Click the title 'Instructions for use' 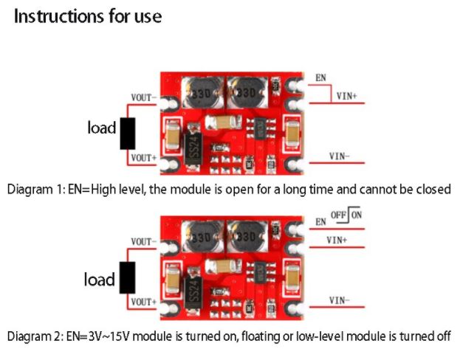[x=88, y=16]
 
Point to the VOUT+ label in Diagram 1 [x=143, y=157]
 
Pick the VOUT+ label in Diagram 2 [x=143, y=301]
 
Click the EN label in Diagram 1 [x=320, y=77]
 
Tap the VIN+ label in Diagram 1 [x=346, y=96]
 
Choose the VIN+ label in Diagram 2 [x=337, y=240]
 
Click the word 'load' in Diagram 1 [x=102, y=128]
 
